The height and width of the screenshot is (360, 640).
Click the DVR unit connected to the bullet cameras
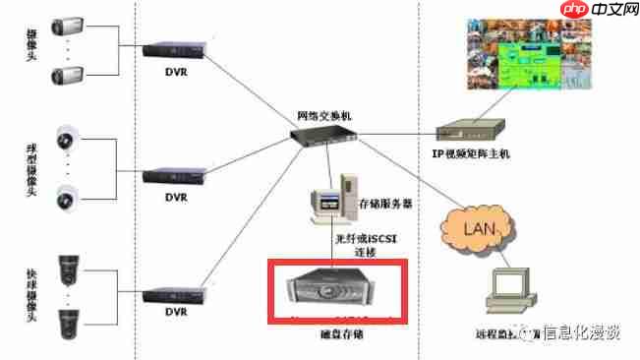pos(174,49)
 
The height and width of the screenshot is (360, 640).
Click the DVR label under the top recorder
pos(175,70)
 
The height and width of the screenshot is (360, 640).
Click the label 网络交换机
pos(322,116)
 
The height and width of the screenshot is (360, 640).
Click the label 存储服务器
pos(385,205)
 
